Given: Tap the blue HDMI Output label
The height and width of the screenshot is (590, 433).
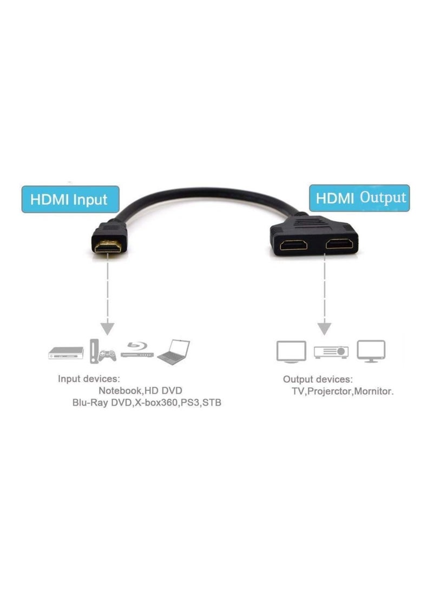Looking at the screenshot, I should [359, 197].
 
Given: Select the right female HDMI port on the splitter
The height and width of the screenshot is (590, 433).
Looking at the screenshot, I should [339, 244].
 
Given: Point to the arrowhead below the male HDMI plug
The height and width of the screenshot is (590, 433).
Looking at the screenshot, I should [108, 327].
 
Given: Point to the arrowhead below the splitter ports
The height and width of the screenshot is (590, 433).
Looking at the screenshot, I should [324, 327].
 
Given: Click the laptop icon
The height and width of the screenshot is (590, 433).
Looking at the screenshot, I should [174, 352].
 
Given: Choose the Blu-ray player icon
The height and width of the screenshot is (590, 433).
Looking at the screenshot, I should [137, 350].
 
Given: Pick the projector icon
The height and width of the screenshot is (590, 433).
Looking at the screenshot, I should [331, 352].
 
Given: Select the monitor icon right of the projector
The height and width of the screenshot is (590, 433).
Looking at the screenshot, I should [371, 351].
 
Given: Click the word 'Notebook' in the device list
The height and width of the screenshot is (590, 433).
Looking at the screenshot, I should [120, 390].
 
